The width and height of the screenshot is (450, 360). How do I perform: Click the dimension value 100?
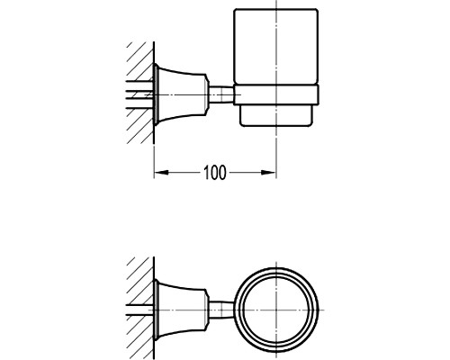(214, 173)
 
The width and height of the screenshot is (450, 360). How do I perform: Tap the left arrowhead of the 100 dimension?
(161, 173)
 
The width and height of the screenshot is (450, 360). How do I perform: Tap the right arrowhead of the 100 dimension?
(268, 173)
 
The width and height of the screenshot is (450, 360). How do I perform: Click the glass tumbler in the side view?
(275, 47)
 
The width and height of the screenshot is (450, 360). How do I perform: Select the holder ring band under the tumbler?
(276, 95)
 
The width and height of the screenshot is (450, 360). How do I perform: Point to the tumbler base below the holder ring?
(276, 115)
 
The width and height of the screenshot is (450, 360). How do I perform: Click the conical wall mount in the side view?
(181, 94)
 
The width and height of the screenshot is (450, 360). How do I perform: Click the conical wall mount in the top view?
(181, 310)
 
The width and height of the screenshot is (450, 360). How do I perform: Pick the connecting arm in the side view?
(221, 94)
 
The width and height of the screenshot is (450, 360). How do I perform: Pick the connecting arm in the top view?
(221, 310)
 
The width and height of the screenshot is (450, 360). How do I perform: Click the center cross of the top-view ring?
(276, 310)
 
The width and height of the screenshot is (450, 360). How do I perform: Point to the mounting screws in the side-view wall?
(139, 94)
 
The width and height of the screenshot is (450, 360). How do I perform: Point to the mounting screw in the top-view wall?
(139, 310)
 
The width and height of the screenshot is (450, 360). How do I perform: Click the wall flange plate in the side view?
(156, 94)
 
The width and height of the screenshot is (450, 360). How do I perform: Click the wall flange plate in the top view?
(156, 310)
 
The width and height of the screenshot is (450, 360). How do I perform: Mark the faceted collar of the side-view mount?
(207, 94)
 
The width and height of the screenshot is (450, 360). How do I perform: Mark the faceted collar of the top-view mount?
(207, 310)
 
